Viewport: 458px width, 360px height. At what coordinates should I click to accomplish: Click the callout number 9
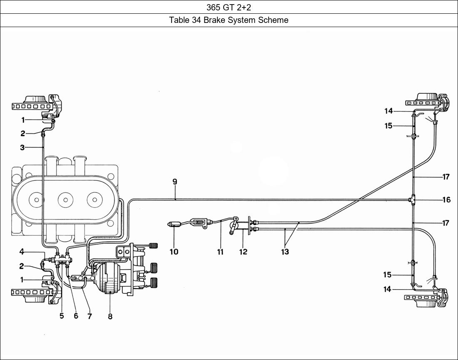pos(175,182)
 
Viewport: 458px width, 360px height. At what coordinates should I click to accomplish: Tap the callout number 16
pos(446,200)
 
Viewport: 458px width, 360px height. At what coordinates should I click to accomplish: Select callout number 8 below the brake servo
pos(110,316)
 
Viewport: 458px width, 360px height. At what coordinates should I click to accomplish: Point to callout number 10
pos(174,252)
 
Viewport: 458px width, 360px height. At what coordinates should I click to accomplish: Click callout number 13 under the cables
pos(285,252)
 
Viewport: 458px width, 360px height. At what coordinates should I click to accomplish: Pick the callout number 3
pos(22,147)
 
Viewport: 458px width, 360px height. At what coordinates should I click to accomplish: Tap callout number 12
pos(243,252)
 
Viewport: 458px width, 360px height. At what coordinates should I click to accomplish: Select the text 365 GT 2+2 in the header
pos(229,7)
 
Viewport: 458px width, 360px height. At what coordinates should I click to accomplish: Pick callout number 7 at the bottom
pos(90,316)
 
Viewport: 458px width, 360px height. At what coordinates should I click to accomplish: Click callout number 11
pos(220,252)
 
